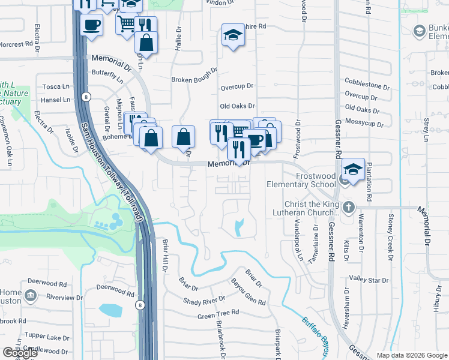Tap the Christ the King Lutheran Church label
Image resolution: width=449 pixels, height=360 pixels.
tap(304, 208)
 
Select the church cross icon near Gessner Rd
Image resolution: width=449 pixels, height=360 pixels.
tap(348, 208)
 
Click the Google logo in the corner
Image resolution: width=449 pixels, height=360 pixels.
tap(19, 352)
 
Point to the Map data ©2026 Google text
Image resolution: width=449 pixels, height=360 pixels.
tap(411, 355)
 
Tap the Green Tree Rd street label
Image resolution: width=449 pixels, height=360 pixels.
tap(218, 313)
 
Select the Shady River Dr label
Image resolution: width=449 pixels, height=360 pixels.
tap(204, 299)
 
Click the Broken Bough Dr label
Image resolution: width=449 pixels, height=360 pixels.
tap(194, 79)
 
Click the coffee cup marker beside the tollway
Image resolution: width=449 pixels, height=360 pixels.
tap(91, 25)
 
